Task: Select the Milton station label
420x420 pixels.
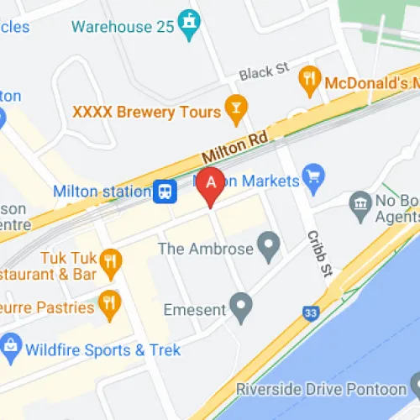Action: [x=102, y=192]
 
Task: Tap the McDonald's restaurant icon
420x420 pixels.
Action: [x=310, y=81]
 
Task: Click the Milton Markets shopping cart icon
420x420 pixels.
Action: [x=314, y=176]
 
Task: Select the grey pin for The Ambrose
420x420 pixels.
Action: [x=269, y=246]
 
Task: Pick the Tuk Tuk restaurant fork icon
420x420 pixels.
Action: [x=108, y=261]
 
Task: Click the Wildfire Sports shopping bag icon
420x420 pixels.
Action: [x=11, y=345]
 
